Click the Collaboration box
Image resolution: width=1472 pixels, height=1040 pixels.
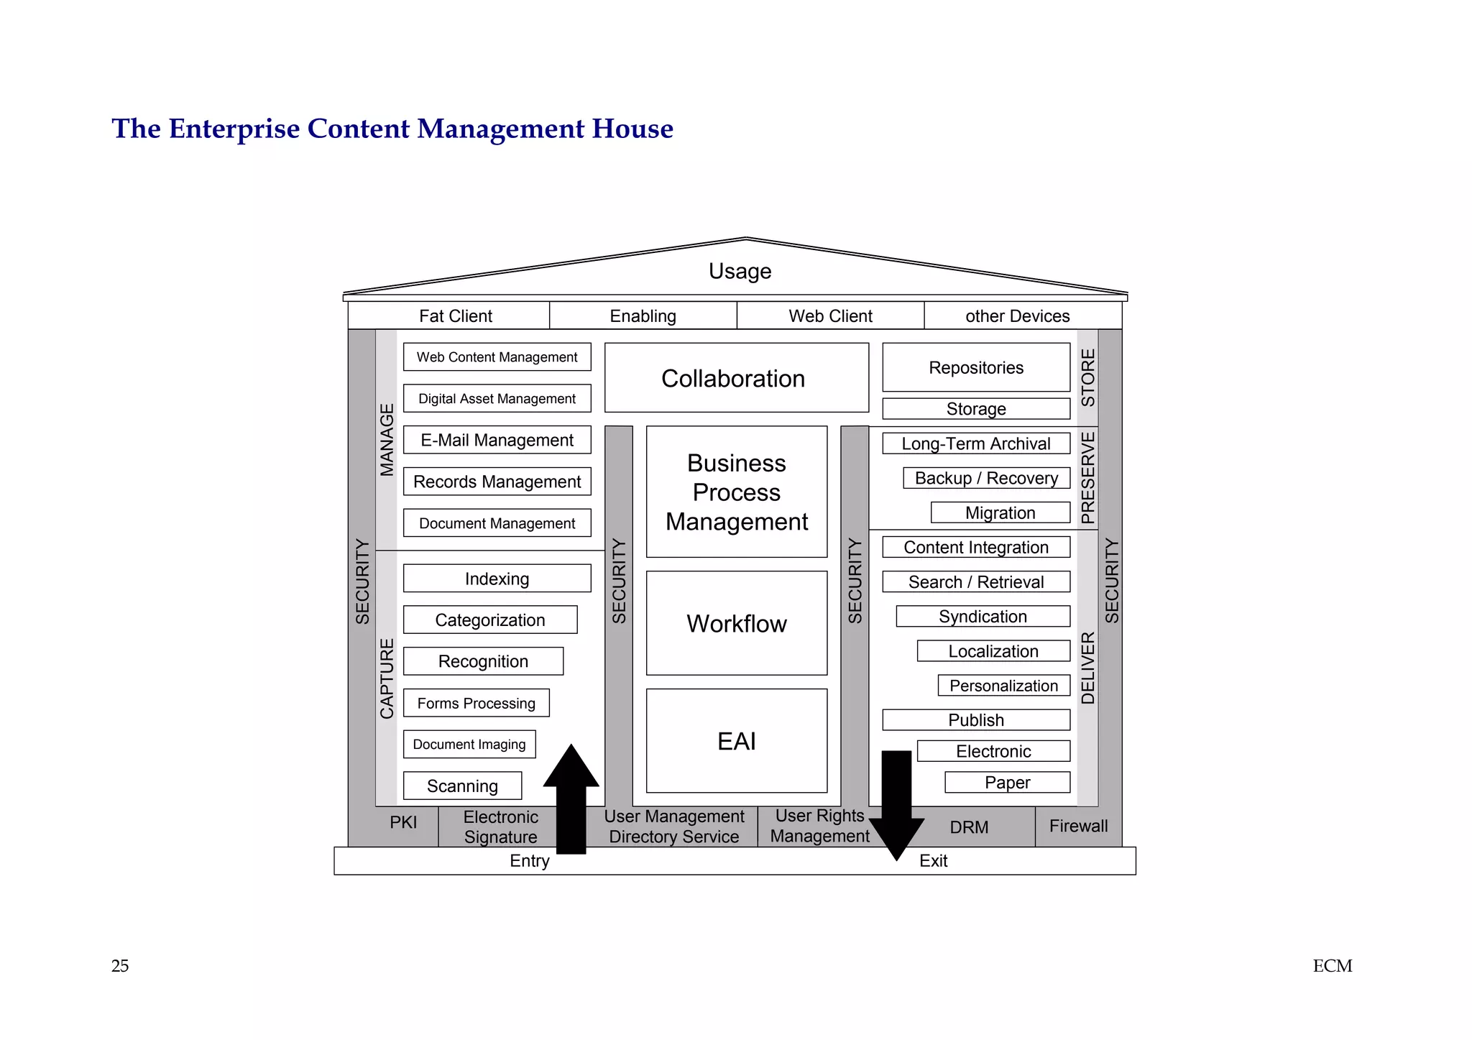tap(736, 378)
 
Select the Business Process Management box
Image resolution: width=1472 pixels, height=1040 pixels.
tap(736, 492)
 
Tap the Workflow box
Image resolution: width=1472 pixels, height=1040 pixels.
tap(736, 623)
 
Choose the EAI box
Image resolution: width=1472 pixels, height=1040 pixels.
tap(736, 741)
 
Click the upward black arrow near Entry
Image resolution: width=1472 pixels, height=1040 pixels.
tap(571, 798)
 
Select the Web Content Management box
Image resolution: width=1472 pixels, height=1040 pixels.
tap(497, 357)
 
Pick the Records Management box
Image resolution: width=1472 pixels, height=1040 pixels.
tap(497, 482)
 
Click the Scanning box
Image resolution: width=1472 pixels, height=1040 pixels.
tap(462, 786)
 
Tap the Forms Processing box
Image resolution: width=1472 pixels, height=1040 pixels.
tap(476, 703)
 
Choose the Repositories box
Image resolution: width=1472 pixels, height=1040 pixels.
tap(975, 367)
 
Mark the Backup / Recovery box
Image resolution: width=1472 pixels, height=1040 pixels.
tap(986, 478)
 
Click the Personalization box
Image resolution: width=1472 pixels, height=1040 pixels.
tap(1003, 686)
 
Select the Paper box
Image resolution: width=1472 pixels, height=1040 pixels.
tap(1007, 782)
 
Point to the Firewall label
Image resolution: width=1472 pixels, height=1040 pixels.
tap(1078, 826)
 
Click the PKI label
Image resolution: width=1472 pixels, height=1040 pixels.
tap(403, 822)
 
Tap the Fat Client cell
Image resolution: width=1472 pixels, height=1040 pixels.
tap(455, 316)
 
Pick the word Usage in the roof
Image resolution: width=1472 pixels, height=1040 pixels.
tap(740, 271)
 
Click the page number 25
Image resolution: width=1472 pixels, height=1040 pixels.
tap(120, 966)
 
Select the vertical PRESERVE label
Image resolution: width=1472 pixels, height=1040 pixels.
tap(1087, 478)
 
